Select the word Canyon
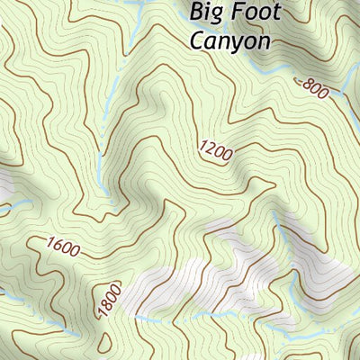229,40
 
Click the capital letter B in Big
197,12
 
